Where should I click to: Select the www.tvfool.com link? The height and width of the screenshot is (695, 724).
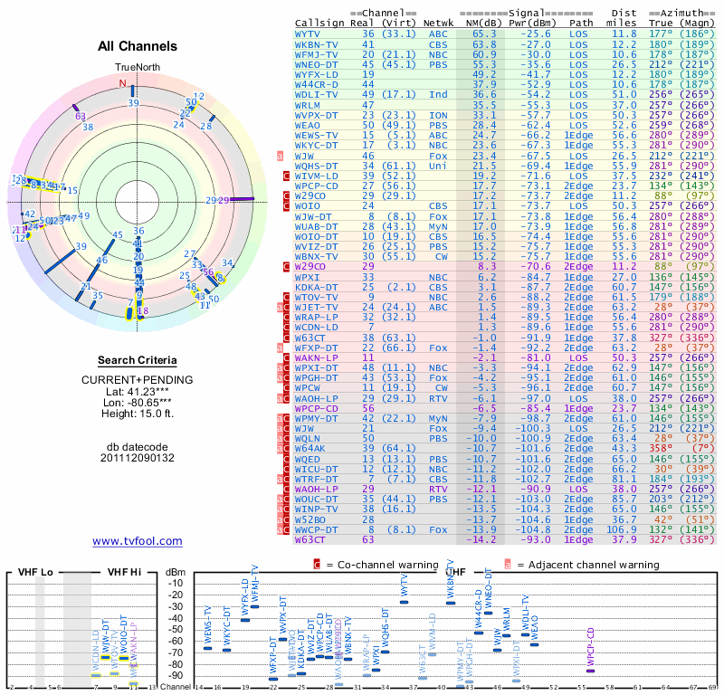click(x=137, y=541)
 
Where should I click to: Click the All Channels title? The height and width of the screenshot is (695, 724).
click(x=138, y=46)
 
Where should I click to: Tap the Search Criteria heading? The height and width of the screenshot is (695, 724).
click(x=138, y=360)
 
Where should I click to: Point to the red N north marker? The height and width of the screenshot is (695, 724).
click(x=122, y=83)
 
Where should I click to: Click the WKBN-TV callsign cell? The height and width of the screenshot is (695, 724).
click(x=316, y=43)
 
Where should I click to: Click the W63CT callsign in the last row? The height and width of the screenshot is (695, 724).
click(x=310, y=539)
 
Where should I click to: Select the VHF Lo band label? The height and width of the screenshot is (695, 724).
click(x=34, y=572)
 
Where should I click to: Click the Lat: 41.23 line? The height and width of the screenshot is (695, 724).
click(x=138, y=391)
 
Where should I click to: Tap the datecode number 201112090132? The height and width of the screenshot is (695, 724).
click(x=138, y=458)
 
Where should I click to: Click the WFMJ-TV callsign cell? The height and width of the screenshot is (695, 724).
click(x=316, y=53)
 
